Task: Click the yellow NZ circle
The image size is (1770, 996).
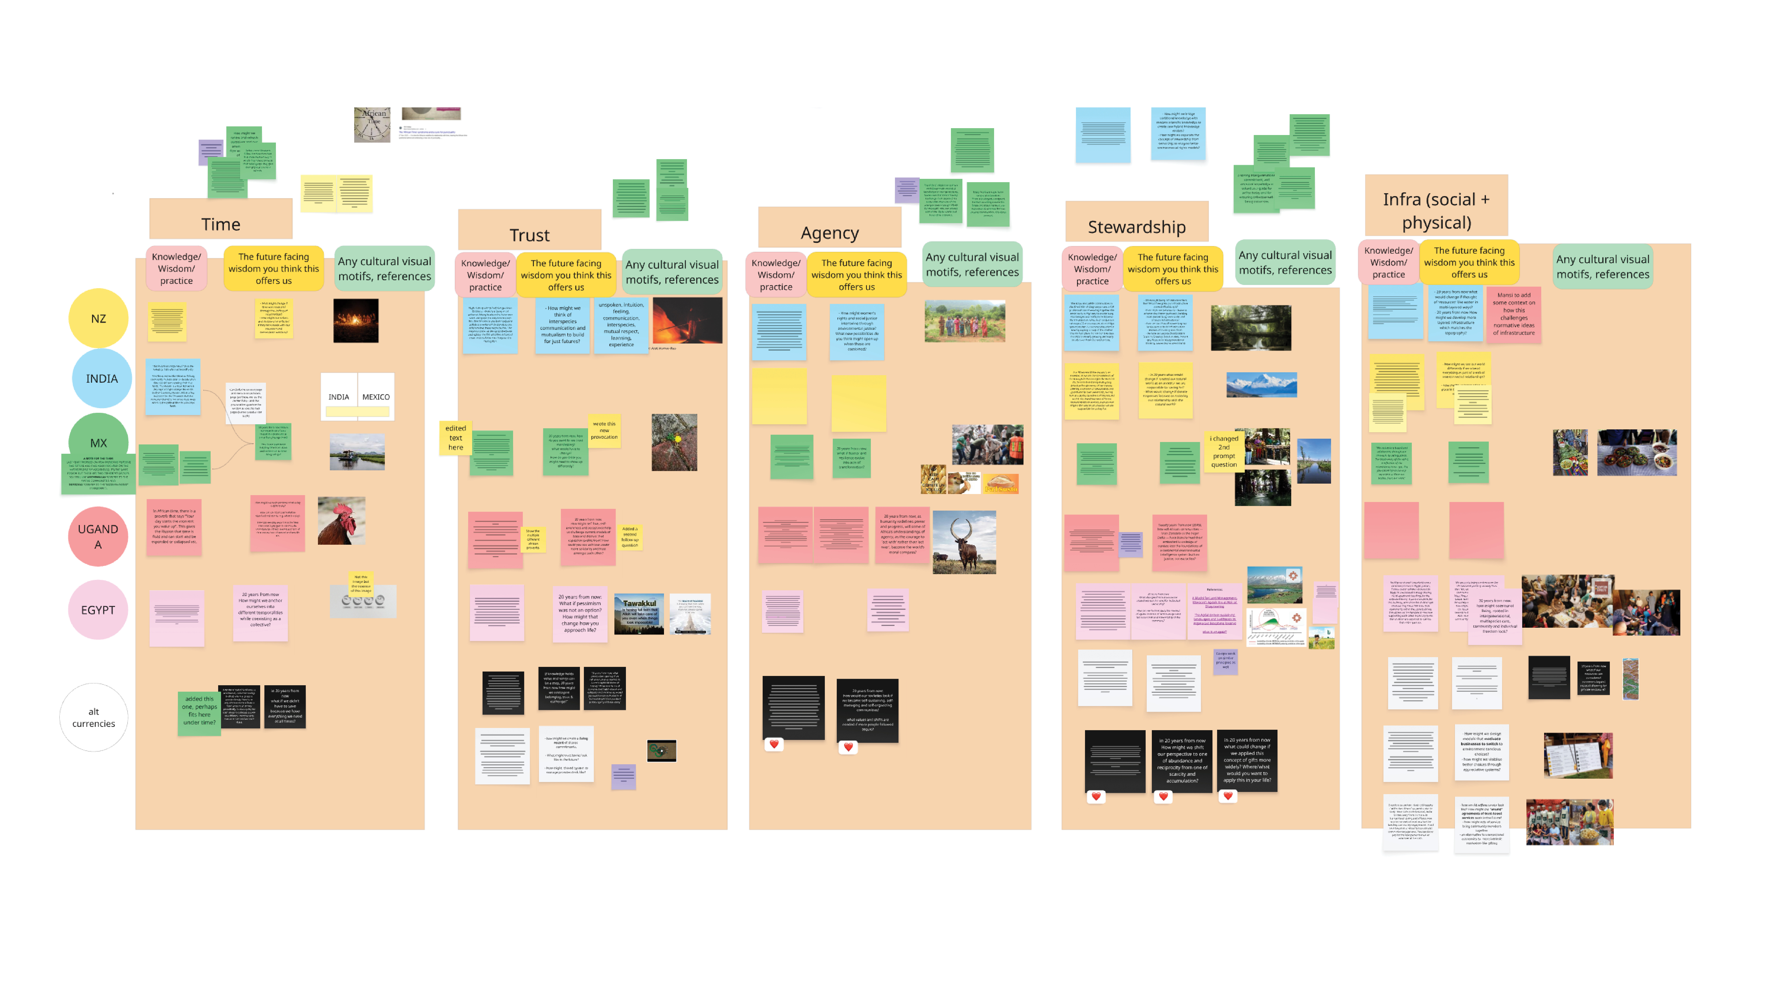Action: pyautogui.click(x=98, y=318)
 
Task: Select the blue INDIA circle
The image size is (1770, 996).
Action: pyautogui.click(x=102, y=378)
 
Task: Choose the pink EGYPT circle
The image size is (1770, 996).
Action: pyautogui.click(x=98, y=610)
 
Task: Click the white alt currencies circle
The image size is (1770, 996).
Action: pyautogui.click(x=93, y=717)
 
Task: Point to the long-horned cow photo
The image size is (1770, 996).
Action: pyautogui.click(x=964, y=542)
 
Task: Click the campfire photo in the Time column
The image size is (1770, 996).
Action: pyautogui.click(x=356, y=320)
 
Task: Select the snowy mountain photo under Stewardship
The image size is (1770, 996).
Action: pyautogui.click(x=1262, y=385)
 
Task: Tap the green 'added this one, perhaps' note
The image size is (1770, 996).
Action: pyautogui.click(x=199, y=711)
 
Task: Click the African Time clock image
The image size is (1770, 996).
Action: pyautogui.click(x=372, y=124)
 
